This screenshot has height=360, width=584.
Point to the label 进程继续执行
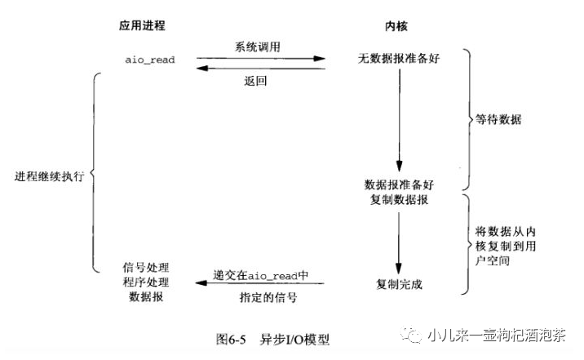pos(48,176)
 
